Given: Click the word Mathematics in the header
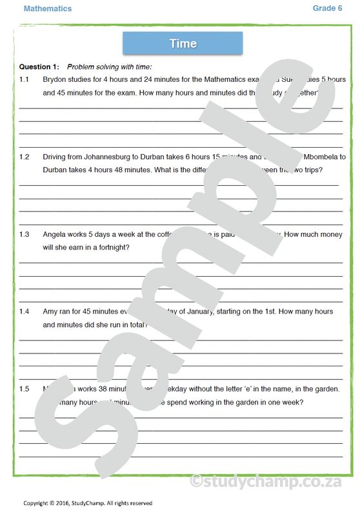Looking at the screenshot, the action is [x=48, y=8].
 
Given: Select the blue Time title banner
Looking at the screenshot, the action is [x=183, y=44].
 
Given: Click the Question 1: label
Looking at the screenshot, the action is [x=39, y=66].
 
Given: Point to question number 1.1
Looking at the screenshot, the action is [x=25, y=79].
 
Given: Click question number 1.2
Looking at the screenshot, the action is [x=25, y=157].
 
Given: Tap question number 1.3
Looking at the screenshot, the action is [x=25, y=234].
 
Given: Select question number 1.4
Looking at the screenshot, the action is [x=25, y=312].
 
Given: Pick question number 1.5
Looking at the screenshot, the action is [x=25, y=389].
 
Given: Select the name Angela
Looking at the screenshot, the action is [x=55, y=234].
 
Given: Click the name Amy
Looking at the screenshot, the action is [x=50, y=312].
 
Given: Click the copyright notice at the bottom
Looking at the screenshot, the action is [x=88, y=503].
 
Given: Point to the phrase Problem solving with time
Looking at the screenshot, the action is [x=110, y=66].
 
